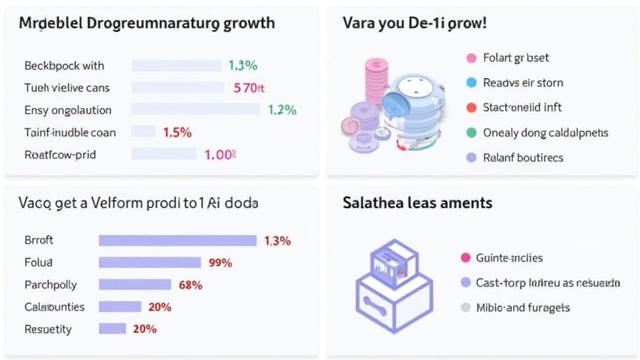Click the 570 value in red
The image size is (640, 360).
coord(245,88)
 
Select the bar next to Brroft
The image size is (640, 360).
coord(177,240)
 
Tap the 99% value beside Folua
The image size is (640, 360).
coord(220,262)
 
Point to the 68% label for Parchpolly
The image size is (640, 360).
coord(190,285)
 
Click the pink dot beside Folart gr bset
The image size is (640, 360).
coord(472,58)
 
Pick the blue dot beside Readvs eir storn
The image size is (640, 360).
coord(472,82)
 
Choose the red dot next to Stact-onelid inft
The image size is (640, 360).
coord(472,107)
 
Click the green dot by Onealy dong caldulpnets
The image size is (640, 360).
coord(472,132)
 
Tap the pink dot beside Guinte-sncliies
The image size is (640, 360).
coord(464,257)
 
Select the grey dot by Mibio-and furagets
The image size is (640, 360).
coord(464,307)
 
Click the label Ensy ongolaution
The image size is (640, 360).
coord(67,110)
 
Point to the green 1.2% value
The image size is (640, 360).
coord(282,110)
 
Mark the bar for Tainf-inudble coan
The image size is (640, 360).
coord(143,132)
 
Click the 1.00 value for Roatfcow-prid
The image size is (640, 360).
coord(219,155)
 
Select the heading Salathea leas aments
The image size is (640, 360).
coord(417,203)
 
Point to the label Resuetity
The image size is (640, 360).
coord(48,329)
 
